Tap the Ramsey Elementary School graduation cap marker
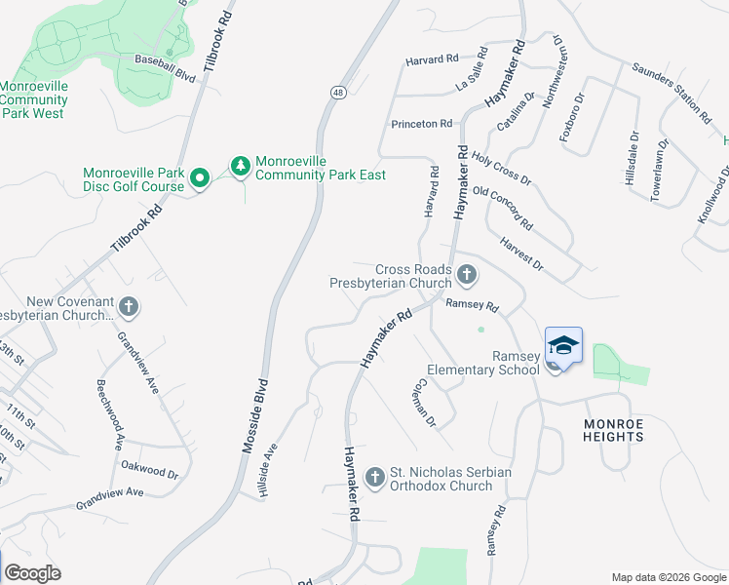coord(563,346)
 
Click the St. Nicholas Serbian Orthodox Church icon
coord(374,477)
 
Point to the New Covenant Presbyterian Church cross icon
coord(129,308)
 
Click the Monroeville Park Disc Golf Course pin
coord(200,177)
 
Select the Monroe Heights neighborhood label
coord(614,430)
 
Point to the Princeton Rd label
coord(422,124)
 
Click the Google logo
coord(32,573)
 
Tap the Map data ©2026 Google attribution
coord(668,577)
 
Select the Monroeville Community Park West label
coord(33,99)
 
